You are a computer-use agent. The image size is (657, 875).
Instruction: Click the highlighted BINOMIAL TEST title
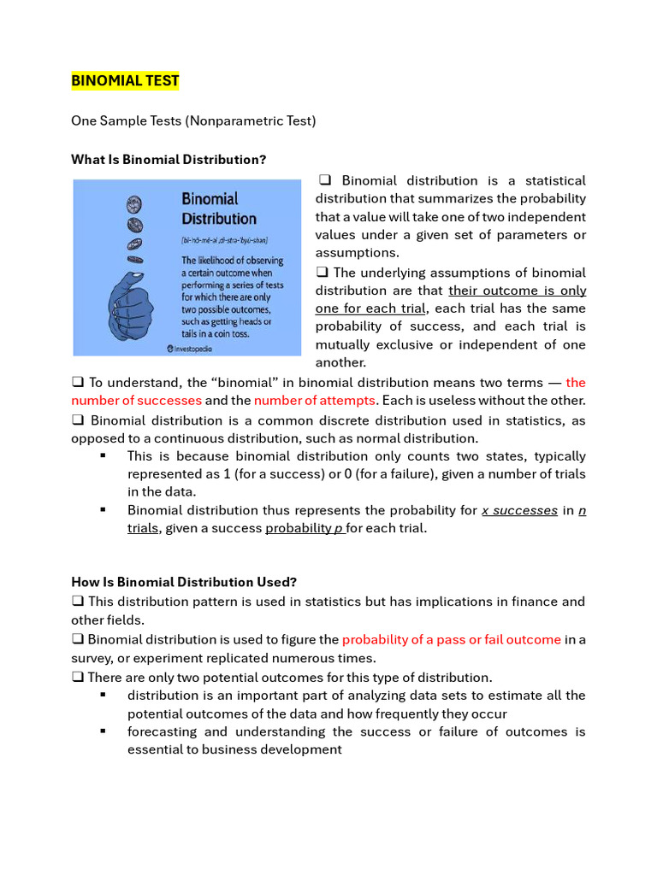125,81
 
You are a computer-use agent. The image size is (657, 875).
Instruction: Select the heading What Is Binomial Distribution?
169,160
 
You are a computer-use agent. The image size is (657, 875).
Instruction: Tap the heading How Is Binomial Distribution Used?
183,582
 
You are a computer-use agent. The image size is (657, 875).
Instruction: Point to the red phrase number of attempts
314,400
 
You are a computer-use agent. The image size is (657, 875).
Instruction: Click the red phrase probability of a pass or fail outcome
451,639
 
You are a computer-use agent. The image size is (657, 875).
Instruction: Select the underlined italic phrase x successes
519,510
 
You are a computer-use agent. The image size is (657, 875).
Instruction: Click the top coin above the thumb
134,204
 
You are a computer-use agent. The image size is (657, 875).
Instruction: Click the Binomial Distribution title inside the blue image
219,208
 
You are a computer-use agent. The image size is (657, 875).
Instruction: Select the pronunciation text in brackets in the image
231,241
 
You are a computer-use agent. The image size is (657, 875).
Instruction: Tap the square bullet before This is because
103,455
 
